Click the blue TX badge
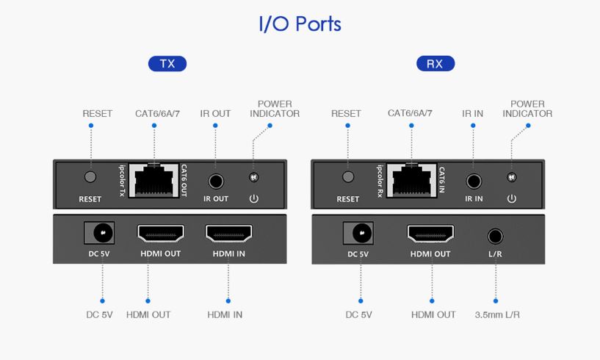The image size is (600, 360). [x=167, y=64]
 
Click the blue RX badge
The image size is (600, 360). [x=435, y=64]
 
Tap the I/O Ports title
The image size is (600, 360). [x=300, y=24]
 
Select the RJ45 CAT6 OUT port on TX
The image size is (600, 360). [x=154, y=179]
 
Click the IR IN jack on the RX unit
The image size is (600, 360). [x=474, y=179]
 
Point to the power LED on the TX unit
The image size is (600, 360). [x=254, y=177]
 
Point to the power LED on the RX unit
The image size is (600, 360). [x=512, y=177]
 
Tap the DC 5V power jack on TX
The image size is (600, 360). [x=102, y=234]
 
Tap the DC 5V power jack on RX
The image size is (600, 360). [x=360, y=234]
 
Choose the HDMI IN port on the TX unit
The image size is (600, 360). [x=228, y=234]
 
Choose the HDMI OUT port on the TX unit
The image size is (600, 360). [x=160, y=234]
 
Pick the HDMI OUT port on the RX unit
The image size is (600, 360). [x=430, y=234]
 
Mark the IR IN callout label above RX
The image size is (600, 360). [x=472, y=114]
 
